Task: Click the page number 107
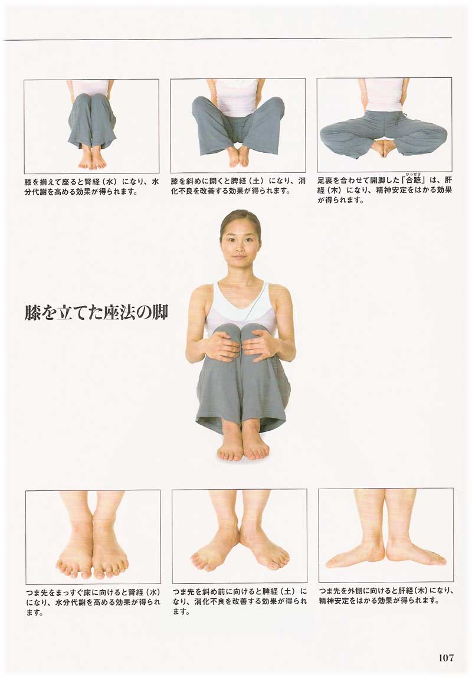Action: [x=446, y=658]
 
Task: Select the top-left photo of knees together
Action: [x=91, y=126]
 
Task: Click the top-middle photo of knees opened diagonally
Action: [x=238, y=126]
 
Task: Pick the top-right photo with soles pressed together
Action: [x=384, y=125]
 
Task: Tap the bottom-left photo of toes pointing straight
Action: [x=93, y=536]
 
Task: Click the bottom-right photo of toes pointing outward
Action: [x=386, y=535]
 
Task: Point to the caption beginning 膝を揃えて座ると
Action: [x=91, y=186]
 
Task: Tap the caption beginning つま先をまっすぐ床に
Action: [x=93, y=601]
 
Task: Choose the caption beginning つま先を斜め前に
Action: [x=240, y=601]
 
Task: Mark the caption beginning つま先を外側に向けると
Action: [x=386, y=595]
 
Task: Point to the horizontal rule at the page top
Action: [x=227, y=39]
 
